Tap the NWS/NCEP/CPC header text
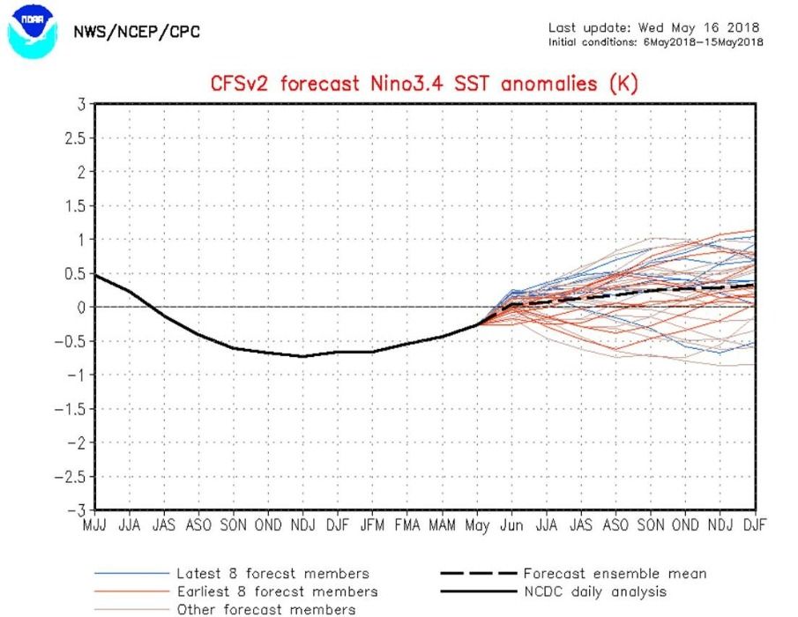point(136,33)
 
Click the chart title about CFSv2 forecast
point(423,85)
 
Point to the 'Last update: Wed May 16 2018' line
point(653,27)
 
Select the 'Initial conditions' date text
point(656,42)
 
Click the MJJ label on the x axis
point(94,525)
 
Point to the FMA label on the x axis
point(407,525)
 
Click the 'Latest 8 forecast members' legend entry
point(272,574)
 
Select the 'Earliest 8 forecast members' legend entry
point(277,591)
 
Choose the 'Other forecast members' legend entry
point(266,609)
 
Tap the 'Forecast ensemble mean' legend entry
point(614,574)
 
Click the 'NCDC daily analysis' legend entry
point(594,591)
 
